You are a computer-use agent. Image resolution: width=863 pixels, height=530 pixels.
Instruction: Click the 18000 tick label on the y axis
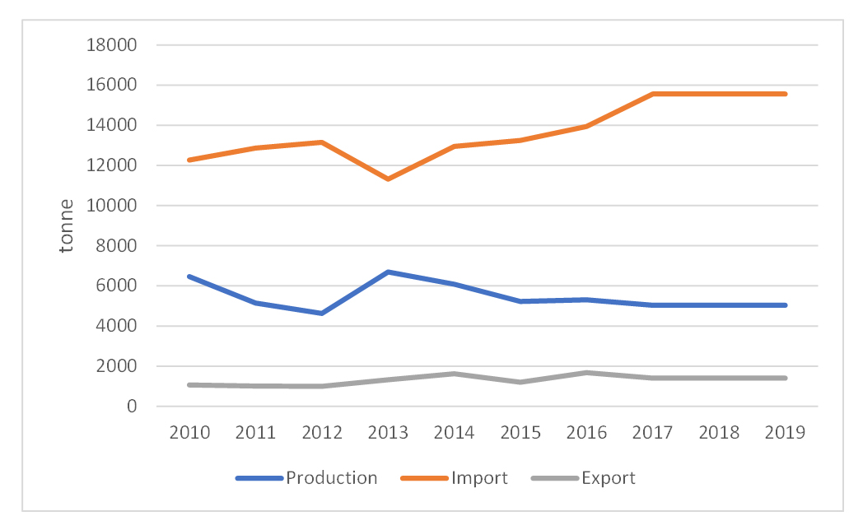(x=111, y=45)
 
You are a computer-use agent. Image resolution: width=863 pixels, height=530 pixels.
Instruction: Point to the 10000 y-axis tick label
(x=111, y=206)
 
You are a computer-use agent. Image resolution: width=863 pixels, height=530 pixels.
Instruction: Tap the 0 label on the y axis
(x=130, y=407)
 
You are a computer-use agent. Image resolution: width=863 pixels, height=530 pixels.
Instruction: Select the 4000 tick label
(x=116, y=326)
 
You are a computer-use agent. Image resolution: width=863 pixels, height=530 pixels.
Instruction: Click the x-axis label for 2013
(x=388, y=433)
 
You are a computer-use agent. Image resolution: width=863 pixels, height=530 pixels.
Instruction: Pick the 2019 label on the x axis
(x=784, y=433)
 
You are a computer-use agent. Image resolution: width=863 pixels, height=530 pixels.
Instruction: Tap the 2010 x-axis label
(x=189, y=433)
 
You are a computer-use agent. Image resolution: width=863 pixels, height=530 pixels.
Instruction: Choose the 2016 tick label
(x=585, y=433)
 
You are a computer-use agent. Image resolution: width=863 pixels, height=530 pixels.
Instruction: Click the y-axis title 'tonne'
(x=67, y=225)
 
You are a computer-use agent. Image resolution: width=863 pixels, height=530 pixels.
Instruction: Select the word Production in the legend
(x=331, y=478)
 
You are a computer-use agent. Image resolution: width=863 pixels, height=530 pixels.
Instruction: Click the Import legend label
(x=479, y=478)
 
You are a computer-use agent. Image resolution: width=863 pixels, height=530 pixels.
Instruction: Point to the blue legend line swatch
(x=259, y=478)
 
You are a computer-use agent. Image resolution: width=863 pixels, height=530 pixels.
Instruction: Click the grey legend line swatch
(x=554, y=478)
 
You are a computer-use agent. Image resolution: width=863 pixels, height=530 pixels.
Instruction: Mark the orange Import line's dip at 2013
(x=388, y=179)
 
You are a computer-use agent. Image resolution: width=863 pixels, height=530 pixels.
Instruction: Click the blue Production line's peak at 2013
(x=388, y=272)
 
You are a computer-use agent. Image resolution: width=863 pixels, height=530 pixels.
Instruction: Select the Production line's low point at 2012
(x=322, y=314)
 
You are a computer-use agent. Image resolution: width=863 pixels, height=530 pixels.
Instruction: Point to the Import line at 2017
(x=652, y=94)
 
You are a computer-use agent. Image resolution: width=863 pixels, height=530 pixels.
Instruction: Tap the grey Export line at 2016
(x=585, y=373)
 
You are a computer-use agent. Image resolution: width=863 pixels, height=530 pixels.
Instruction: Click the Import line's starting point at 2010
(x=189, y=160)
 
